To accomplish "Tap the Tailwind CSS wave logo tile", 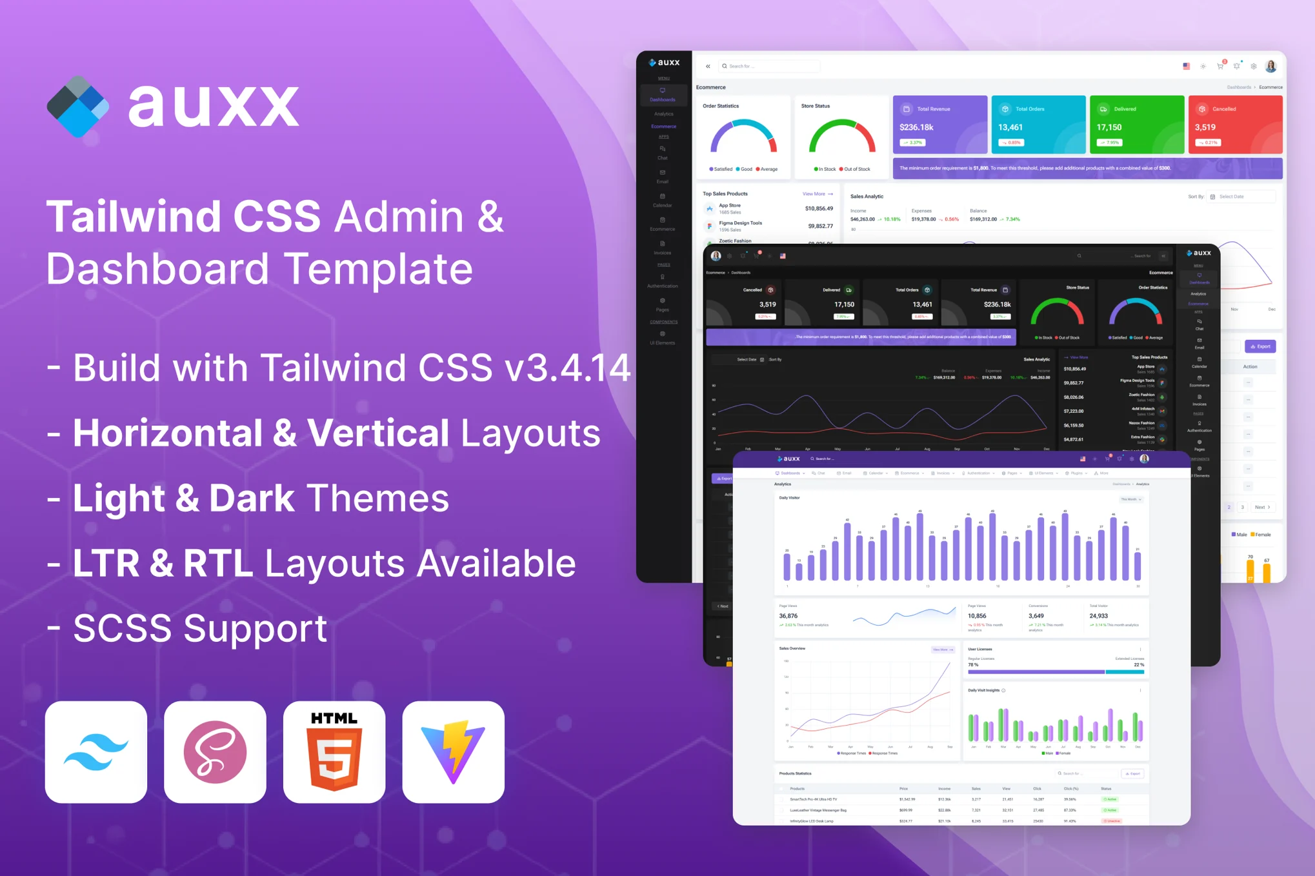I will point(96,752).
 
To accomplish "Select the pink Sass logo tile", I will point(215,752).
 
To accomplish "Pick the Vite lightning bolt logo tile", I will point(453,752).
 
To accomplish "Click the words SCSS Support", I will point(200,628).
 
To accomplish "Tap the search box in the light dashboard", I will point(769,66).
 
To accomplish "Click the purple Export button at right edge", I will point(1260,346).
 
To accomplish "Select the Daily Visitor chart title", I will point(789,498).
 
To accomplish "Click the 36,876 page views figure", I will point(788,616).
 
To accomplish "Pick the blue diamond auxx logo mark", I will point(77,107).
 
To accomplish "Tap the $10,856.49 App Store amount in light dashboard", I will point(818,209).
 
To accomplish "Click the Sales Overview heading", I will point(792,648).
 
